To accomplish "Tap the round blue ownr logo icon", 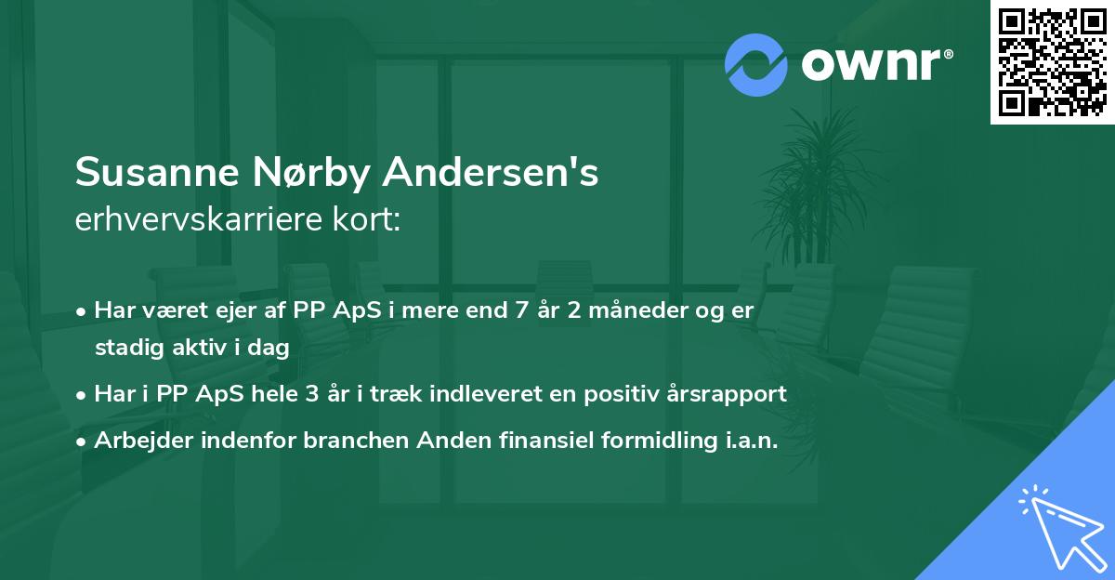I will (x=756, y=65).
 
